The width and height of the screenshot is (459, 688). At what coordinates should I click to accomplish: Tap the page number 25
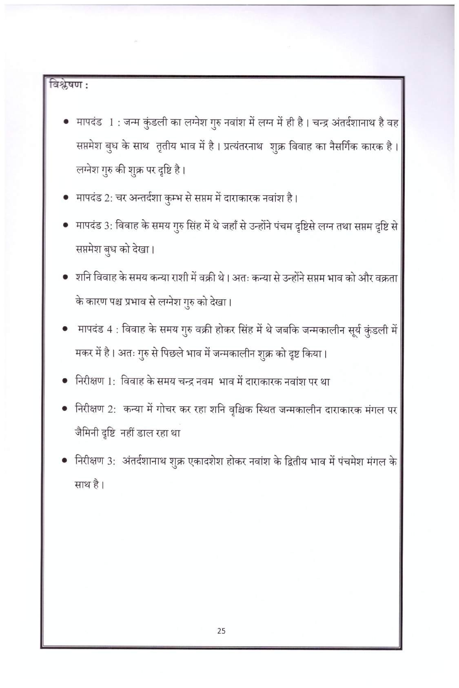click(221, 631)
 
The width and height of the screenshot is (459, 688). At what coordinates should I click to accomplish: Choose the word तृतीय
click(166, 146)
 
